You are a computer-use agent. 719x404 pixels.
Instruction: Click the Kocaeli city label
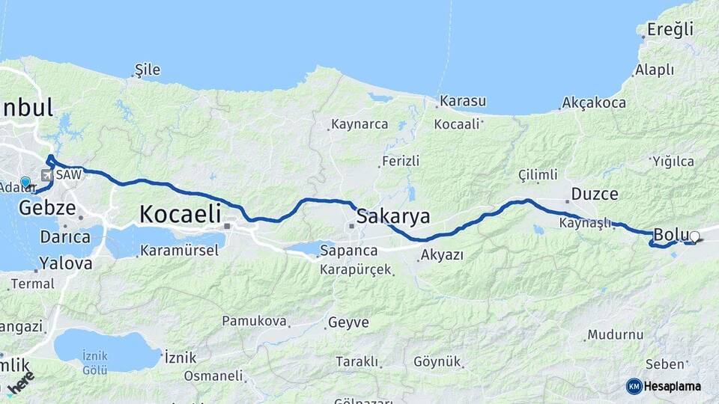(x=180, y=215)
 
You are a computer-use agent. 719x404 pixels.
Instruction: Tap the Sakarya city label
(x=393, y=217)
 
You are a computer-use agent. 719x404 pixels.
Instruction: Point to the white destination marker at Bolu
(x=694, y=237)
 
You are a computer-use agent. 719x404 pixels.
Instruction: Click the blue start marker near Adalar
(x=25, y=182)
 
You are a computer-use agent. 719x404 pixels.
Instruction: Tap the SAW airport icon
(x=47, y=175)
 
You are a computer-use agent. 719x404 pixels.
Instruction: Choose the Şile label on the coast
(x=147, y=70)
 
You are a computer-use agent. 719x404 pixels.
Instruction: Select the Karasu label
(x=464, y=101)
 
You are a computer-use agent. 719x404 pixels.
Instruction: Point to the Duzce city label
(x=595, y=195)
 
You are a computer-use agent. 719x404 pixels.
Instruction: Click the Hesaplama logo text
(x=673, y=386)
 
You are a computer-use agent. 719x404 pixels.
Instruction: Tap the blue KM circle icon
(x=634, y=386)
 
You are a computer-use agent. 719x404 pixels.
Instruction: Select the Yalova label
(x=66, y=263)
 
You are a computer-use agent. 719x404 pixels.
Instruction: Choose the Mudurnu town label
(x=616, y=334)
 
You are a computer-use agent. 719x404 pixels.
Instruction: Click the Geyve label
(x=348, y=322)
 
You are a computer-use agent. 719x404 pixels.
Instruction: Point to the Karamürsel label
(x=179, y=251)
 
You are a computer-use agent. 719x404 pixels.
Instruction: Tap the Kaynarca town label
(x=359, y=124)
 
